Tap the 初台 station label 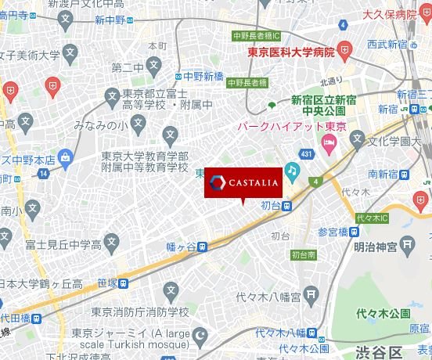[271, 205]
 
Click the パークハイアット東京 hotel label [283, 126]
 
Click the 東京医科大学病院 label [290, 52]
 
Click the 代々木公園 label [383, 313]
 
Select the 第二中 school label [126, 67]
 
